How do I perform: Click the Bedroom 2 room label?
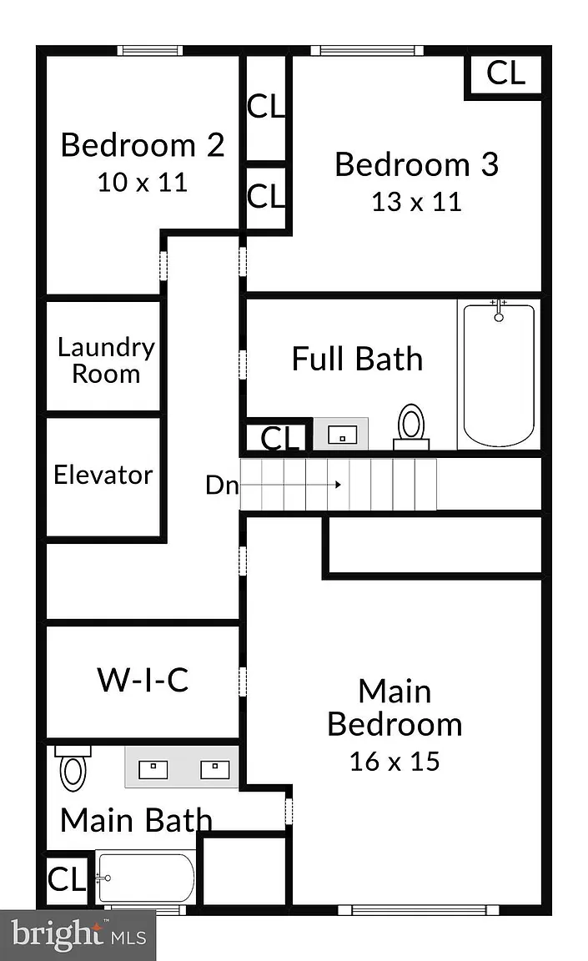pos(143,145)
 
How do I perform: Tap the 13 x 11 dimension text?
pos(416,202)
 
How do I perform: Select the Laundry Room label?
pos(106,360)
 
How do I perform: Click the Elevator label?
pos(103,475)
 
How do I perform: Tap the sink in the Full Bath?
pos(342,435)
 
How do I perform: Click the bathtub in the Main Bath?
pos(146,878)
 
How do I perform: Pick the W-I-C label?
pos(143,680)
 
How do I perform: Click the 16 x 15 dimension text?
pos(395,761)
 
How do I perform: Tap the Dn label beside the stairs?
pos(221,486)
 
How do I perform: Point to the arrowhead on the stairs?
pos(338,485)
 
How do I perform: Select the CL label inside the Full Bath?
pos(279,438)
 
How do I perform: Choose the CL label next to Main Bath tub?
pos(66,880)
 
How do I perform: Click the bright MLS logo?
pos(78,935)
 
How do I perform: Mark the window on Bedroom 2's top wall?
pos(150,50)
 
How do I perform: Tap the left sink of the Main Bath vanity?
pos(153,769)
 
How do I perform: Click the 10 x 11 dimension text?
pos(143,183)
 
